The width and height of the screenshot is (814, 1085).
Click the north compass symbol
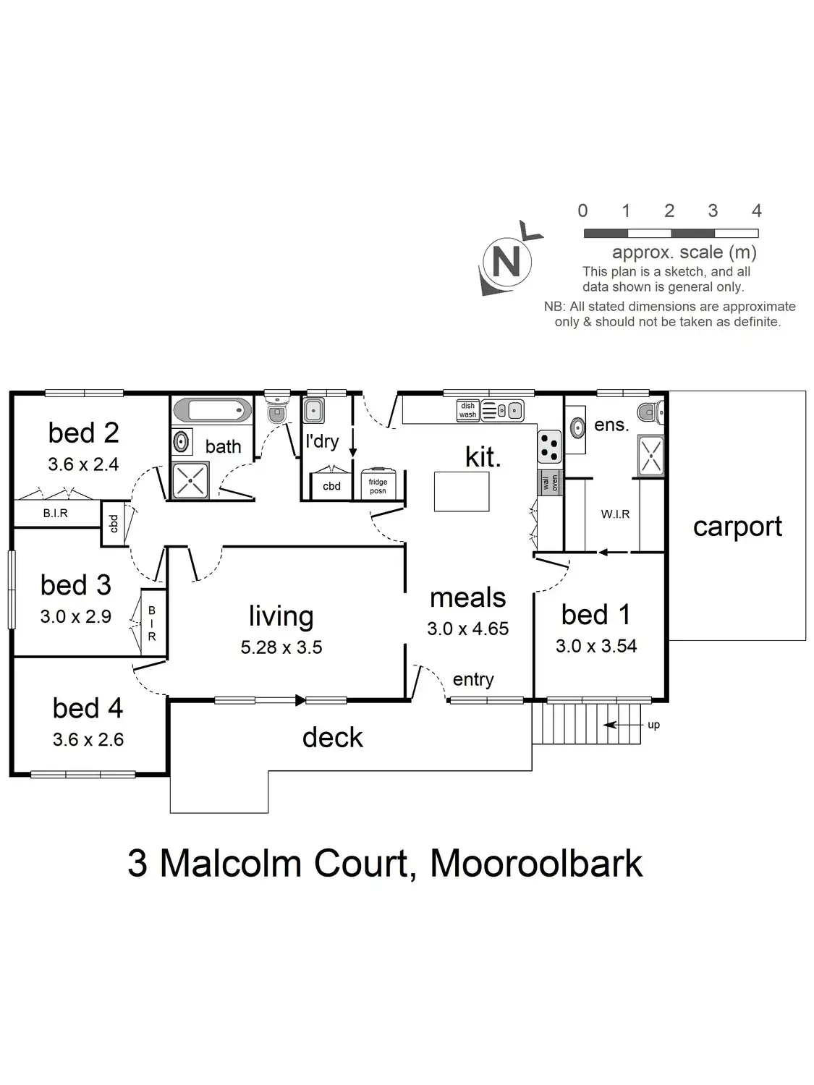tap(506, 260)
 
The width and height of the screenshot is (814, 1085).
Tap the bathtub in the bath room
tap(211, 410)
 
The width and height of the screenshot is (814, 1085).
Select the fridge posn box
tap(378, 485)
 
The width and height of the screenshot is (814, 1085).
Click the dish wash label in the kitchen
tap(468, 410)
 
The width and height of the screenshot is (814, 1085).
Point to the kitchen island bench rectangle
tap(462, 491)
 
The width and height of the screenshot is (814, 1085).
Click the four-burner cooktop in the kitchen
tap(549, 446)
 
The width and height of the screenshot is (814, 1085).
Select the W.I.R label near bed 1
tap(615, 514)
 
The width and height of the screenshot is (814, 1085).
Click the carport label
tap(737, 527)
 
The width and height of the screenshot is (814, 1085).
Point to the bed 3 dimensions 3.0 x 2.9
tap(75, 616)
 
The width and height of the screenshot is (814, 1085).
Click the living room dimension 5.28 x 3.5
tap(281, 647)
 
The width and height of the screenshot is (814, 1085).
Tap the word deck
tap(332, 737)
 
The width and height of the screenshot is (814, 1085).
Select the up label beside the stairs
tap(653, 725)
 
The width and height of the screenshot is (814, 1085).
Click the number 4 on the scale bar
tap(756, 210)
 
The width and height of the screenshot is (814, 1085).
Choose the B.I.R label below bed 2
tap(55, 513)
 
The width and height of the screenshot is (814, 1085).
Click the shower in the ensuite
tap(650, 456)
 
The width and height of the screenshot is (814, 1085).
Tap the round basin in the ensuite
tap(577, 427)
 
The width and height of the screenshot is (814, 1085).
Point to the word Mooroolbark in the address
tap(536, 863)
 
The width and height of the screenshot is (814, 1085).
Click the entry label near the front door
tap(473, 679)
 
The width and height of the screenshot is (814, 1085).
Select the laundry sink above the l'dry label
tap(313, 410)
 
